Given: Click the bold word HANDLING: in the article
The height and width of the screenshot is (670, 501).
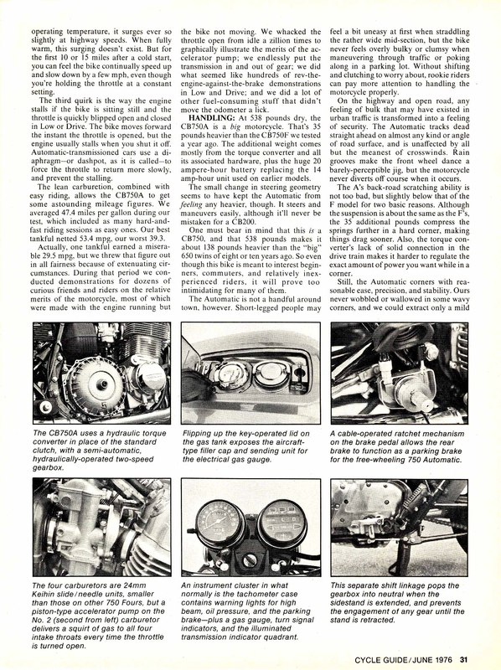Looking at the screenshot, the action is tap(212, 118).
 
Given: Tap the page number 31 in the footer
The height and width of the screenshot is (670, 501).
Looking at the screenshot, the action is tap(464, 660).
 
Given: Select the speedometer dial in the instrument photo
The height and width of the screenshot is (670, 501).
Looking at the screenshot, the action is tap(220, 525).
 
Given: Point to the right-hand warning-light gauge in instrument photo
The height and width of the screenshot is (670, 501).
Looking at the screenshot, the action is tap(282, 523).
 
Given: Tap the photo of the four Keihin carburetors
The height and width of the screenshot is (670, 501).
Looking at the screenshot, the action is tap(101, 528).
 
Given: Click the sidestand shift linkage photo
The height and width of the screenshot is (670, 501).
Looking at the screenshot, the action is tap(400, 528).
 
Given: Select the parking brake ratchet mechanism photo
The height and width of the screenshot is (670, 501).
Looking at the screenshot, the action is tap(400, 373).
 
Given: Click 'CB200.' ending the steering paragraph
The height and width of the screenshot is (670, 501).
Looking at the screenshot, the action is tap(241, 222).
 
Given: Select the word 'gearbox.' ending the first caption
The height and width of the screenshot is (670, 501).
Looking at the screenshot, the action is tap(48, 468).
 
